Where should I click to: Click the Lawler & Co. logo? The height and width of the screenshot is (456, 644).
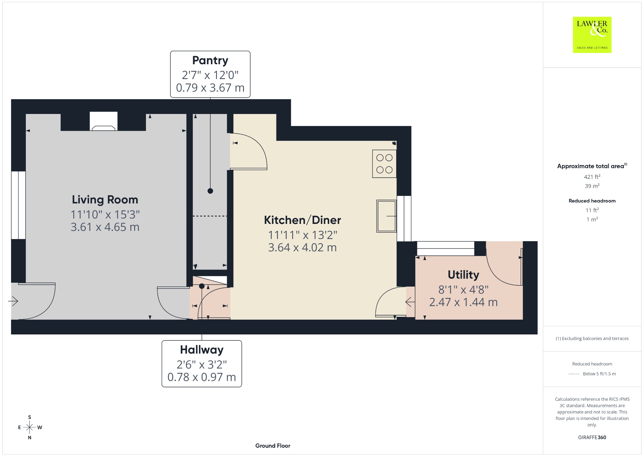(x=592, y=35)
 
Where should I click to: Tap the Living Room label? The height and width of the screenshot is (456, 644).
(x=105, y=200)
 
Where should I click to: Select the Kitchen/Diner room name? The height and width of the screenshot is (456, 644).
(x=303, y=220)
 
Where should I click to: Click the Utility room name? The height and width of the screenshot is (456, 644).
(x=464, y=275)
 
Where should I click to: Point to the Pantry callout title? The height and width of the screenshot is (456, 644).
(x=210, y=60)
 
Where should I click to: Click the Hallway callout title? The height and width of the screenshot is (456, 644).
(x=202, y=350)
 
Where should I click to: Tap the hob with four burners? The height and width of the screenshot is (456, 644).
(x=384, y=164)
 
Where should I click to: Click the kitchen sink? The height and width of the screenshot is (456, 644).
(x=386, y=216)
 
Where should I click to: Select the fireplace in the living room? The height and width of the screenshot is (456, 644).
(x=103, y=121)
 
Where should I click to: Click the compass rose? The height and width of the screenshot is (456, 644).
(x=30, y=427)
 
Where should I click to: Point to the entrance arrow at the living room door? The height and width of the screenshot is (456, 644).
(x=13, y=301)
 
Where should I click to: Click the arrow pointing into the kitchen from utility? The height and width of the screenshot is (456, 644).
(x=410, y=302)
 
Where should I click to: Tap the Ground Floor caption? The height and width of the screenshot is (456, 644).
(x=273, y=446)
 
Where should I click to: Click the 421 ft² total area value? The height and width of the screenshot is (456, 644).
(x=592, y=177)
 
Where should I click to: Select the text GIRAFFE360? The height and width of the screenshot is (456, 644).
(x=592, y=437)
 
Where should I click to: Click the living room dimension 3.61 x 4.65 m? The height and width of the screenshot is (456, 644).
(x=105, y=227)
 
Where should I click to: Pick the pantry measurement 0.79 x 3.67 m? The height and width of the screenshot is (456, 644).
(x=210, y=88)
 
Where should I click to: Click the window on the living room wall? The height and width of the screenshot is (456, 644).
(x=18, y=205)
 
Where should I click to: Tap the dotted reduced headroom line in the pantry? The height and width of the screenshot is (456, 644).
(x=210, y=216)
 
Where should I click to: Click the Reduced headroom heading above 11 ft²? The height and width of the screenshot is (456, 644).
(x=592, y=201)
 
